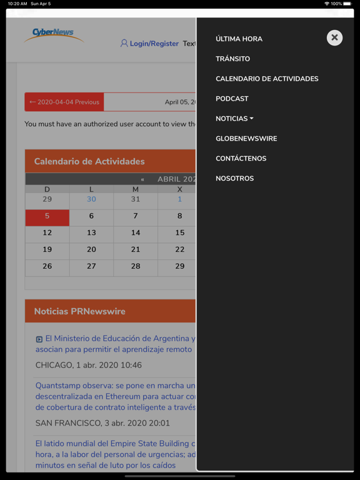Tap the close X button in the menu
coord(334,37)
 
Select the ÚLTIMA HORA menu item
coord(239,39)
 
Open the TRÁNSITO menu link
coord(232,59)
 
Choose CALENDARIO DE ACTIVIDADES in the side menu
coord(267,79)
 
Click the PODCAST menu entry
coord(232,99)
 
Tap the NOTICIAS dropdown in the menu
coord(234,119)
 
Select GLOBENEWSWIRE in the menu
coord(246,139)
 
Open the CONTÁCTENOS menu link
coord(241,159)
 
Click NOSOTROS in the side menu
coord(234,179)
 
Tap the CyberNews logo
coord(54,35)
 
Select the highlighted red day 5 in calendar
coord(47,216)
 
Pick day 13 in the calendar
coord(91,232)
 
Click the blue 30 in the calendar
coord(91,199)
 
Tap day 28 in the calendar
coord(136,266)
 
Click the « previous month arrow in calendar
coord(142,179)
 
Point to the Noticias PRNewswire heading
coord(79,311)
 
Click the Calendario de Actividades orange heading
coord(89,161)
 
